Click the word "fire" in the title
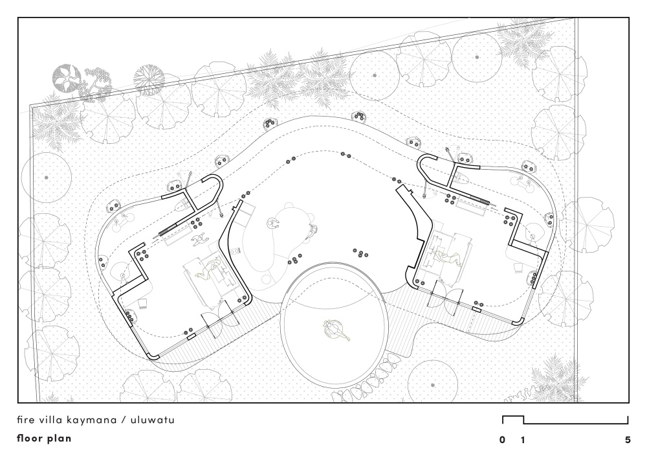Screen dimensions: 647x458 (25, 420)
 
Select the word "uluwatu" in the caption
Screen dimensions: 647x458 (153, 420)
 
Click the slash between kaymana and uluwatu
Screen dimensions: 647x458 (123, 420)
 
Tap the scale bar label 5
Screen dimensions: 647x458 (628, 440)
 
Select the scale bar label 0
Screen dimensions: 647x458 (502, 440)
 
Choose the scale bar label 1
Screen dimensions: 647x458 (523, 440)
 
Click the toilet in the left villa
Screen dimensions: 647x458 (182, 205)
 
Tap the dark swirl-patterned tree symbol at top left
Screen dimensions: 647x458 (66, 77)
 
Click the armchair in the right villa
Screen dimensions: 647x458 (518, 268)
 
